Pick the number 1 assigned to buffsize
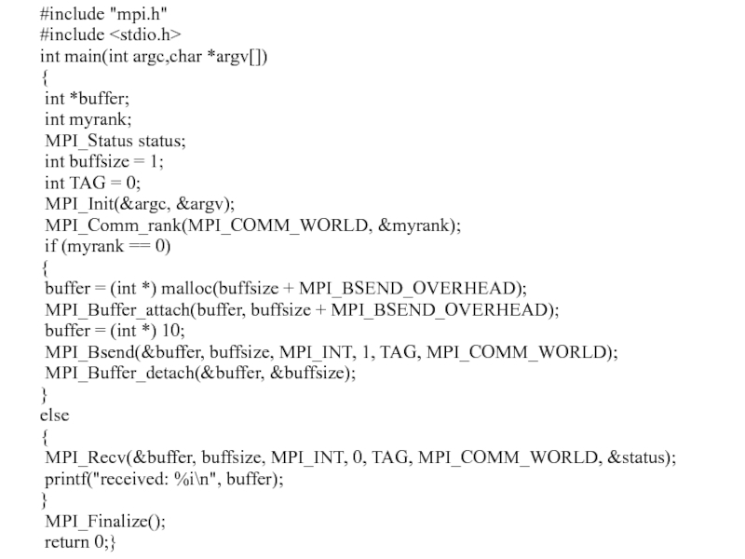(157, 161)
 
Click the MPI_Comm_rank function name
(116, 225)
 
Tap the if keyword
(50, 247)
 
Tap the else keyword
(54, 415)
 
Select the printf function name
(65, 479)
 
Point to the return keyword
(66, 542)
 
